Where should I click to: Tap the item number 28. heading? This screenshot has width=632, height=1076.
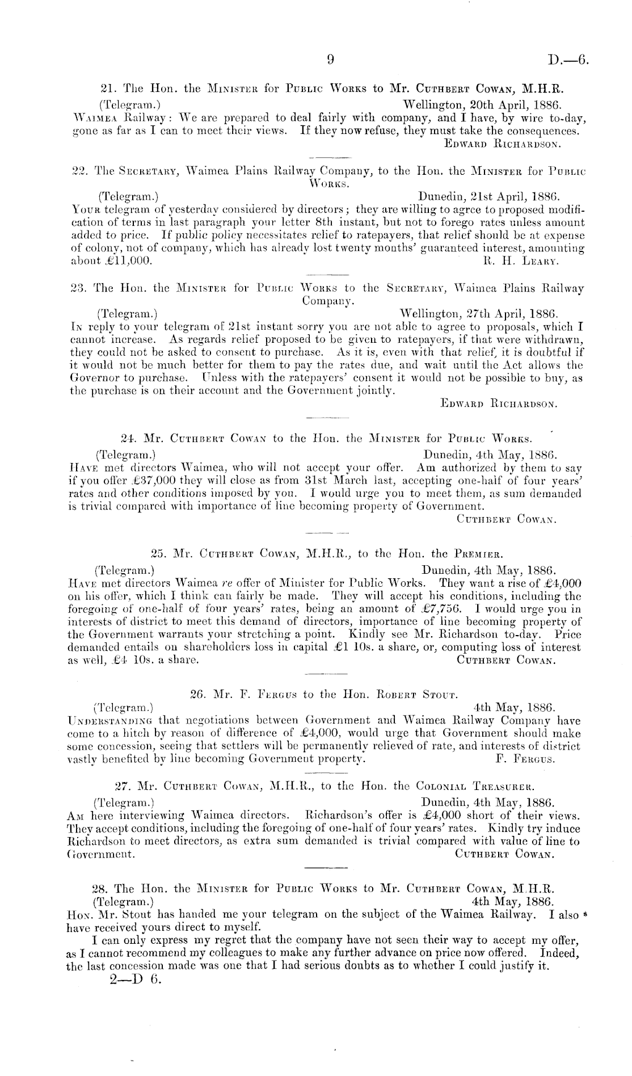pyautogui.click(x=99, y=888)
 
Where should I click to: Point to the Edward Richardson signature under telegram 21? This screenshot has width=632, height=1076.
pyautogui.click(x=503, y=144)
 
